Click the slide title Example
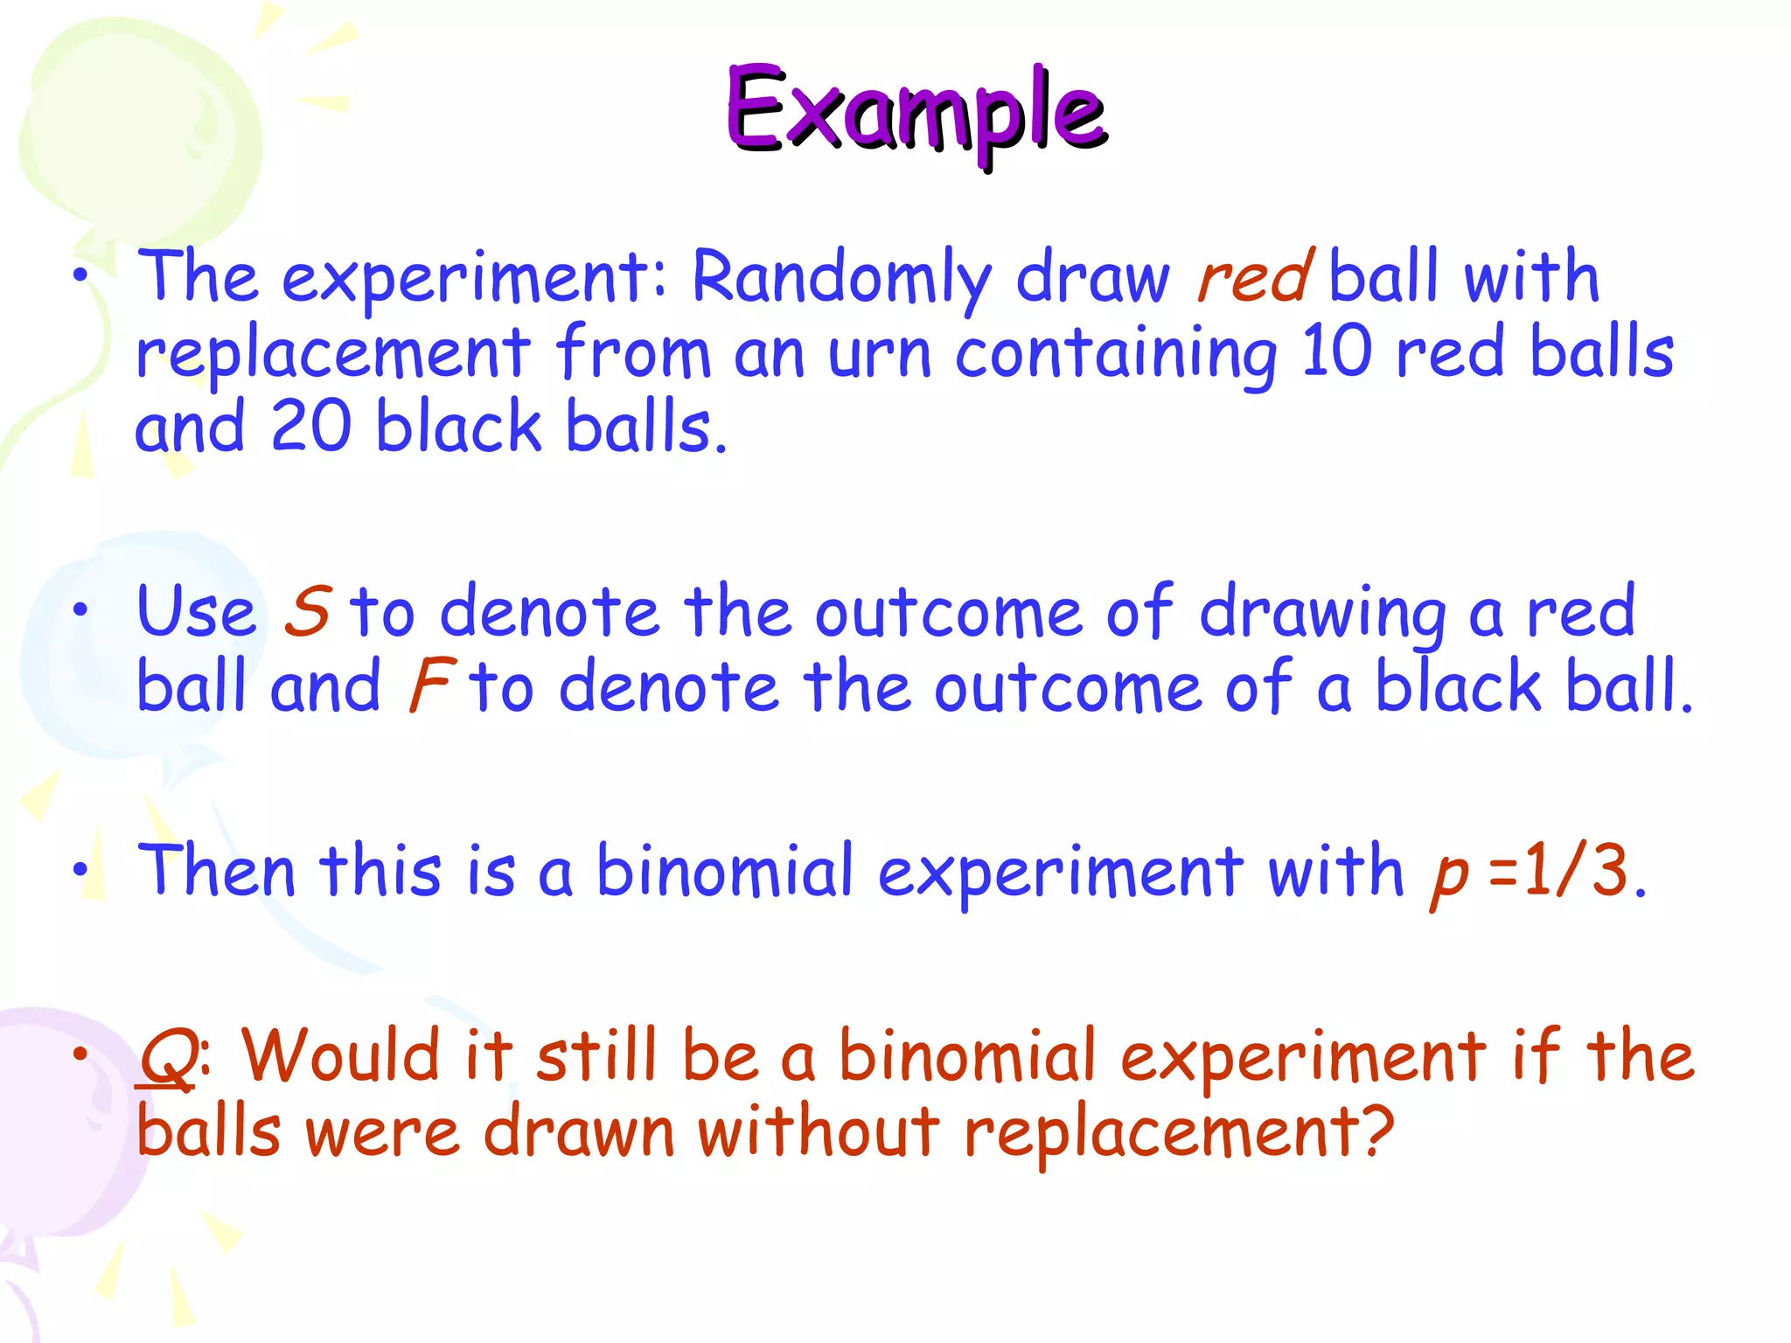point(916,111)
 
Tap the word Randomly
point(841,277)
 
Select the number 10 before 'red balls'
point(1335,351)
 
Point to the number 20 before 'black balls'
point(311,427)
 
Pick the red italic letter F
point(432,685)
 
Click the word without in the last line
point(818,1131)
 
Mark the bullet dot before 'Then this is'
point(80,870)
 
